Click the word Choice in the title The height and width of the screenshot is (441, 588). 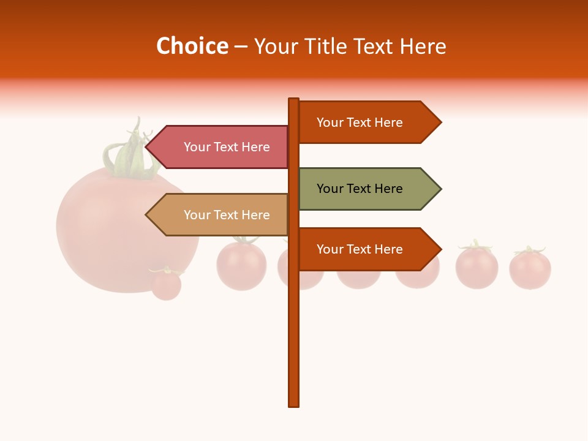192,46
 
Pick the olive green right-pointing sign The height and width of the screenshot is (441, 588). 361,189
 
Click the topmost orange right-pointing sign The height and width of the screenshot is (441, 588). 361,123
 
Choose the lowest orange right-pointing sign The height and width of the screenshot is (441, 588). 361,249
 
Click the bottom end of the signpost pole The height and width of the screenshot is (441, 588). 294,404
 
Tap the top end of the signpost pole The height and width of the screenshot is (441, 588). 294,100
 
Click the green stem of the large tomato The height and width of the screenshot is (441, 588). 130,156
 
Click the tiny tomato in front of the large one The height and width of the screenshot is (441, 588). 166,285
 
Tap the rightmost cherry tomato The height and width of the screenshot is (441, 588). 530,269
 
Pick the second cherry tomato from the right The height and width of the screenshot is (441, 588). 477,268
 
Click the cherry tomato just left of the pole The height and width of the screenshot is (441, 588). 241,265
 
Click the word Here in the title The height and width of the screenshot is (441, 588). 423,46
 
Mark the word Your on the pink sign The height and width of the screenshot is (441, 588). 197,147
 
